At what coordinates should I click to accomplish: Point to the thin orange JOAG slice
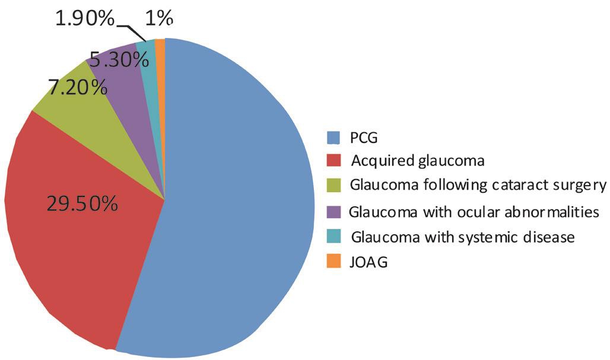pyautogui.click(x=160, y=55)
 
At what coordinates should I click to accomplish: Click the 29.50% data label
pyautogui.click(x=82, y=203)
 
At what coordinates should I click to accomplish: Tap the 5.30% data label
pyautogui.click(x=119, y=60)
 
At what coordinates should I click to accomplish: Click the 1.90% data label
pyautogui.click(x=85, y=18)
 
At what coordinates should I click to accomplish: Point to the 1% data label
pyautogui.click(x=158, y=18)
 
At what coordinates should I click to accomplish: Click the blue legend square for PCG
pyautogui.click(x=333, y=137)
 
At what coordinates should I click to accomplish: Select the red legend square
pyautogui.click(x=333, y=161)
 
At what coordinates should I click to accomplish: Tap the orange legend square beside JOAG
pyautogui.click(x=333, y=262)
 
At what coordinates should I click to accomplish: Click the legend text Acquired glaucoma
pyautogui.click(x=417, y=161)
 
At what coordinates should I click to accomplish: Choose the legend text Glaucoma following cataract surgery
pyautogui.click(x=478, y=185)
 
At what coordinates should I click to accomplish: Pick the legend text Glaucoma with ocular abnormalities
pyautogui.click(x=474, y=212)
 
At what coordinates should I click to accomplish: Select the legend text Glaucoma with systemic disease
pyautogui.click(x=463, y=237)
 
